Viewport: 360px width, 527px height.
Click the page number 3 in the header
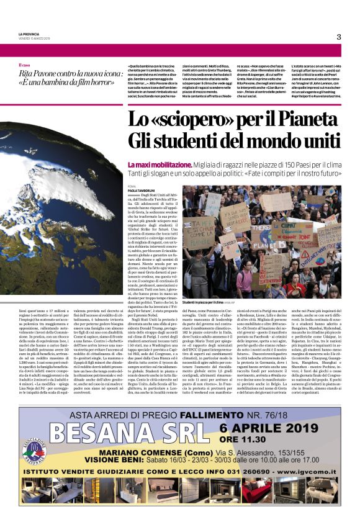(x=339, y=37)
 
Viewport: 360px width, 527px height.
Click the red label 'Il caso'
(x=24, y=65)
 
